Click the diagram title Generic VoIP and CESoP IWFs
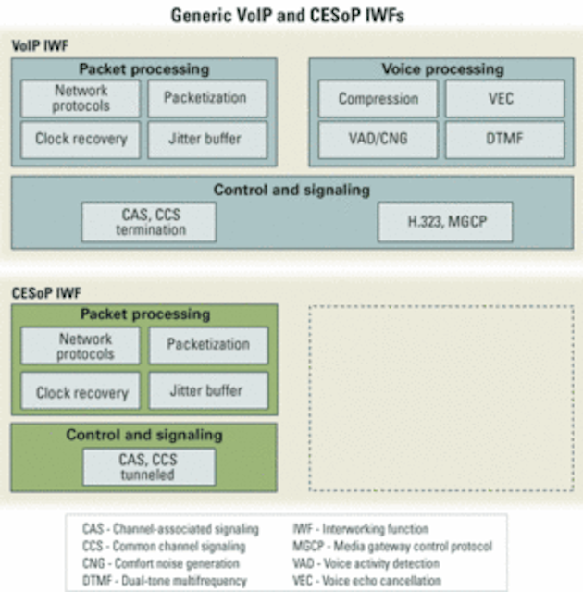click(288, 16)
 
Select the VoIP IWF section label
click(40, 46)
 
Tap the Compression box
click(378, 99)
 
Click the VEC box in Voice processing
click(505, 99)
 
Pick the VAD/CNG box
click(378, 139)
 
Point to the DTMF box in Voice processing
click(505, 139)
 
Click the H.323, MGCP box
click(445, 222)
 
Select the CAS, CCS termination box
click(149, 222)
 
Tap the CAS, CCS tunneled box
click(149, 467)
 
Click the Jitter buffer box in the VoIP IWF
click(207, 139)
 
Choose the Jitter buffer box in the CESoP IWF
click(209, 390)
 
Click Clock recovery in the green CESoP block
click(81, 390)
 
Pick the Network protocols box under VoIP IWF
click(81, 99)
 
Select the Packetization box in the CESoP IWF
click(209, 345)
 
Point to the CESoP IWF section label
click(46, 293)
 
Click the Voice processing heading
click(443, 69)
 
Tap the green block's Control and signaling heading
click(144, 435)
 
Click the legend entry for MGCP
click(392, 547)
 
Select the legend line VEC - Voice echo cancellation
click(366, 581)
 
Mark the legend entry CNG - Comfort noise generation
click(161, 563)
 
